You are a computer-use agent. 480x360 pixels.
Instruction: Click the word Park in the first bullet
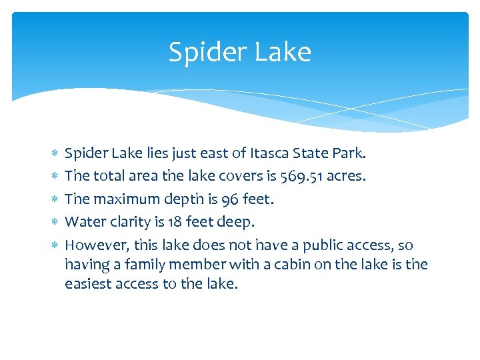[349, 153]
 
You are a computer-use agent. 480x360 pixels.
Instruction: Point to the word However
[92, 245]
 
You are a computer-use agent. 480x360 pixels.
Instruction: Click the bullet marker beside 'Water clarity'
[54, 222]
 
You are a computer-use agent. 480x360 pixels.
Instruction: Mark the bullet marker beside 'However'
[54, 245]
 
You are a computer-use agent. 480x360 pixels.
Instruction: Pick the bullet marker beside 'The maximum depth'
[54, 199]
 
